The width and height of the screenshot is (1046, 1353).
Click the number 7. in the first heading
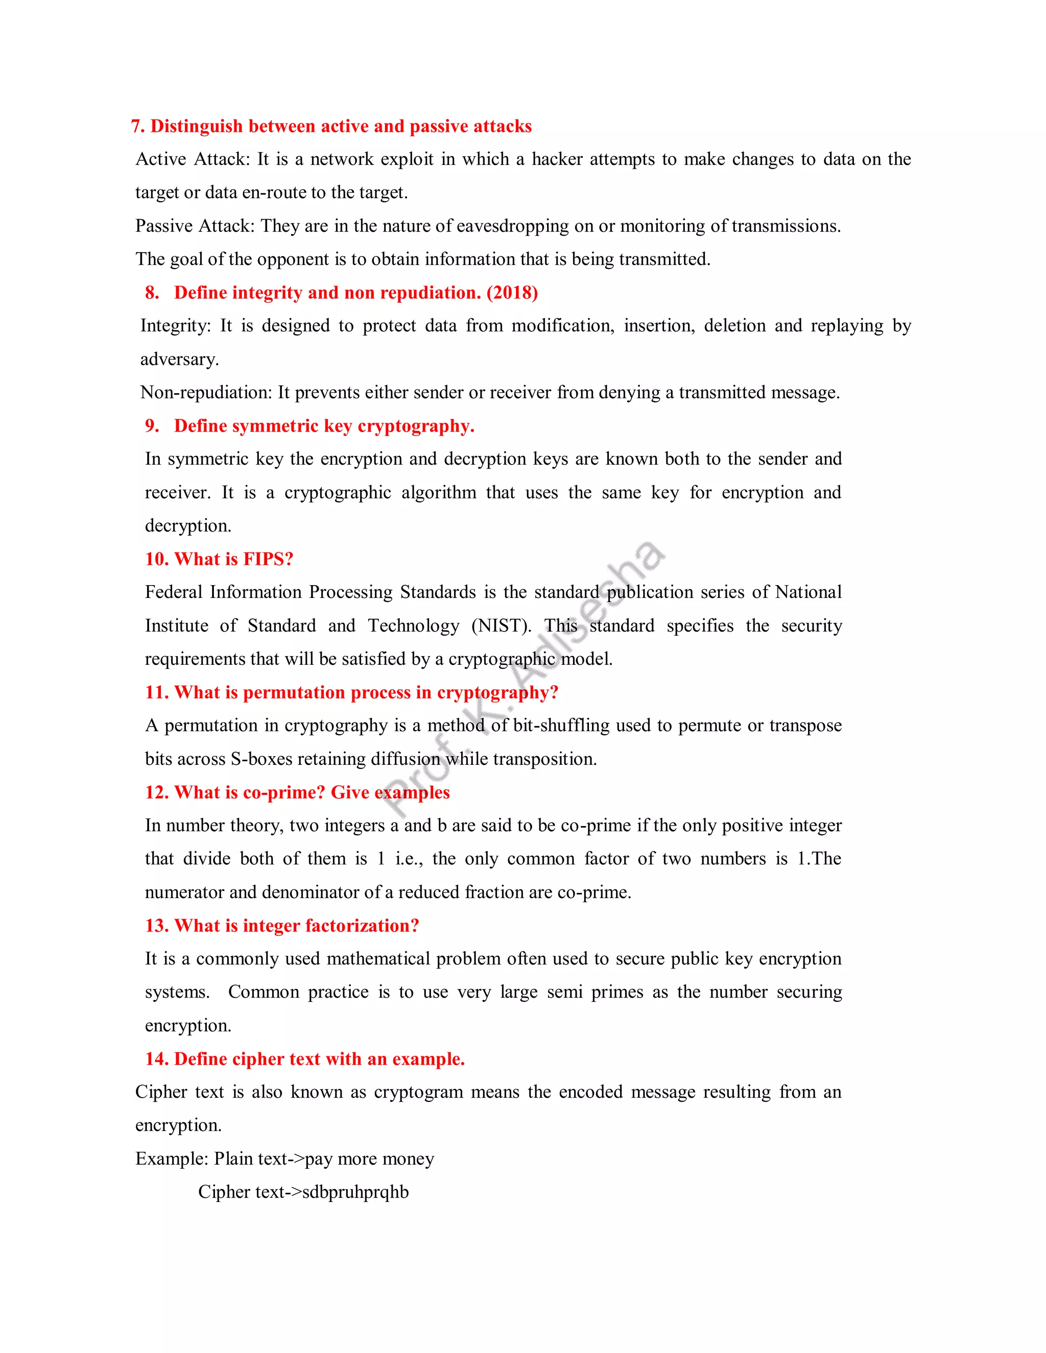coord(138,127)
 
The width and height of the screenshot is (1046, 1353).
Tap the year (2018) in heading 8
coord(512,293)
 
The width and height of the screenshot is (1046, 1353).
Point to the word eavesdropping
coord(512,226)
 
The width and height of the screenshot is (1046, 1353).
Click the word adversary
coord(179,359)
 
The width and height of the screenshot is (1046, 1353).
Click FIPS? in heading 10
coord(268,560)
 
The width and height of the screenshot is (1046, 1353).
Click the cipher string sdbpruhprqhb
coord(355,1192)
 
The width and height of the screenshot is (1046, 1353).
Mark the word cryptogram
coord(418,1092)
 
